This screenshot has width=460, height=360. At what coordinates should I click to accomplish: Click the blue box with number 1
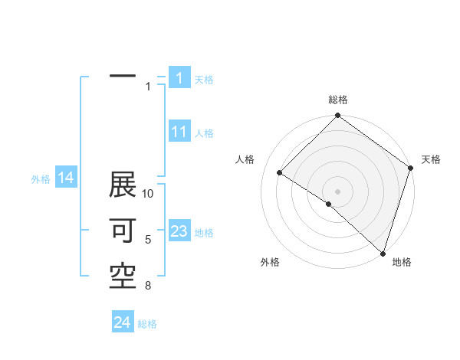(x=179, y=77)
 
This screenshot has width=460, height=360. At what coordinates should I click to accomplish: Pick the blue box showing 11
(x=179, y=132)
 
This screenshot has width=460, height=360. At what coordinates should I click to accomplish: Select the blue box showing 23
(x=179, y=231)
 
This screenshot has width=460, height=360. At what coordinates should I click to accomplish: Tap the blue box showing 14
(x=66, y=178)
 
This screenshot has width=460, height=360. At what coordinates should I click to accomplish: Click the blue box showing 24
(x=122, y=322)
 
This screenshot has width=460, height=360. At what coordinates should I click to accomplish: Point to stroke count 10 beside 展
(x=148, y=194)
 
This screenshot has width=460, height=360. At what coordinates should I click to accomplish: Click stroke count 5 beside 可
(x=148, y=240)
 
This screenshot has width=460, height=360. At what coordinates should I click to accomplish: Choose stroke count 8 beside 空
(x=148, y=286)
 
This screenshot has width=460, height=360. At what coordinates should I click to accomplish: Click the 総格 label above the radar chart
(x=338, y=100)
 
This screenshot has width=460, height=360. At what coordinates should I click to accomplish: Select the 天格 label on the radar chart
(x=431, y=159)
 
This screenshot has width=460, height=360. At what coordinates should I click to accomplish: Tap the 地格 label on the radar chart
(x=402, y=263)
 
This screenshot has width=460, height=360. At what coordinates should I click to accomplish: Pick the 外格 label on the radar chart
(x=270, y=263)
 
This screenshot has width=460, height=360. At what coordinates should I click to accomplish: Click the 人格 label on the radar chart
(x=245, y=159)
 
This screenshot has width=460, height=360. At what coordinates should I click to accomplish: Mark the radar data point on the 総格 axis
(x=338, y=116)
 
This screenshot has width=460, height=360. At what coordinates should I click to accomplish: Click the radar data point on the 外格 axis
(x=328, y=205)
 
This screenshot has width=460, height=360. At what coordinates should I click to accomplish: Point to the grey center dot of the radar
(x=338, y=191)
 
